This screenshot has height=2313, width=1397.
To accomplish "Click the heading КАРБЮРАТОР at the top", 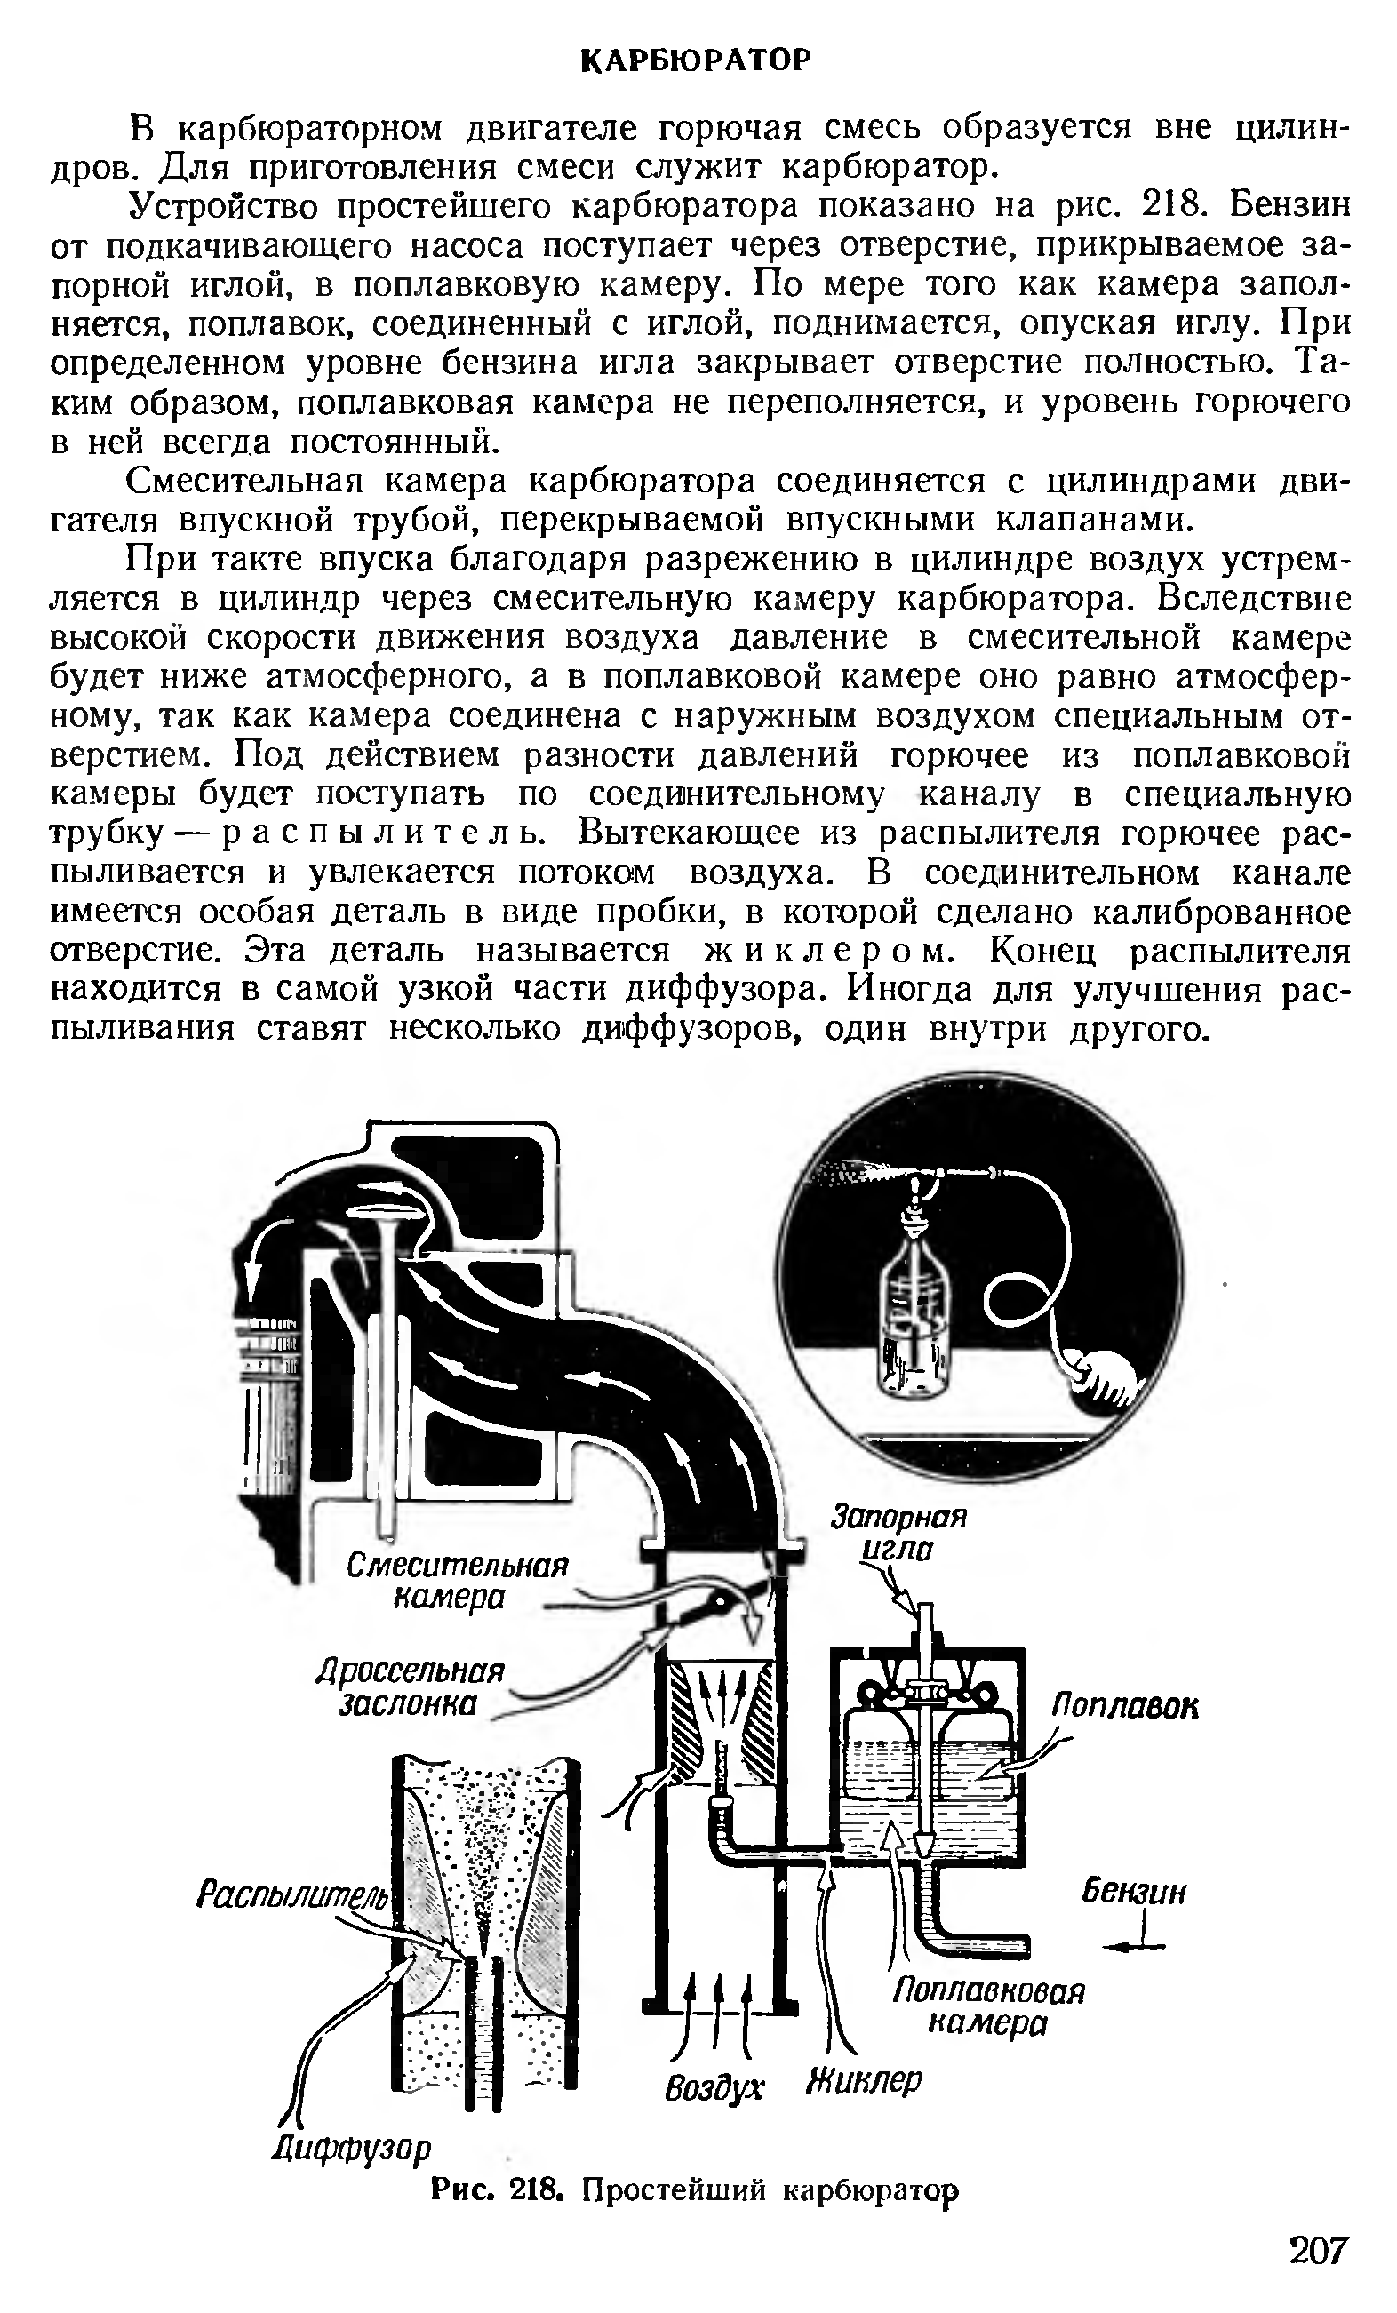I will pos(696,61).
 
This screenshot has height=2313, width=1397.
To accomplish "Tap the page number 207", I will pos(1317,2250).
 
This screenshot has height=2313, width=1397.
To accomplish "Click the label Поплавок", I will pos(1124,1706).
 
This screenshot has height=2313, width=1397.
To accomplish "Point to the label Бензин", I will pos(1134,1890).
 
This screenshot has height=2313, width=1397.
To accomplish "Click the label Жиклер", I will pos(865,2081).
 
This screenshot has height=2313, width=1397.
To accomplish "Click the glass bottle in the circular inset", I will pos(914,1314).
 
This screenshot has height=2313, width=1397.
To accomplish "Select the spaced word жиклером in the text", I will pos(828,951).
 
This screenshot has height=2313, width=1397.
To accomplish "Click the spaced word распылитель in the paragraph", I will pos(372,833).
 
